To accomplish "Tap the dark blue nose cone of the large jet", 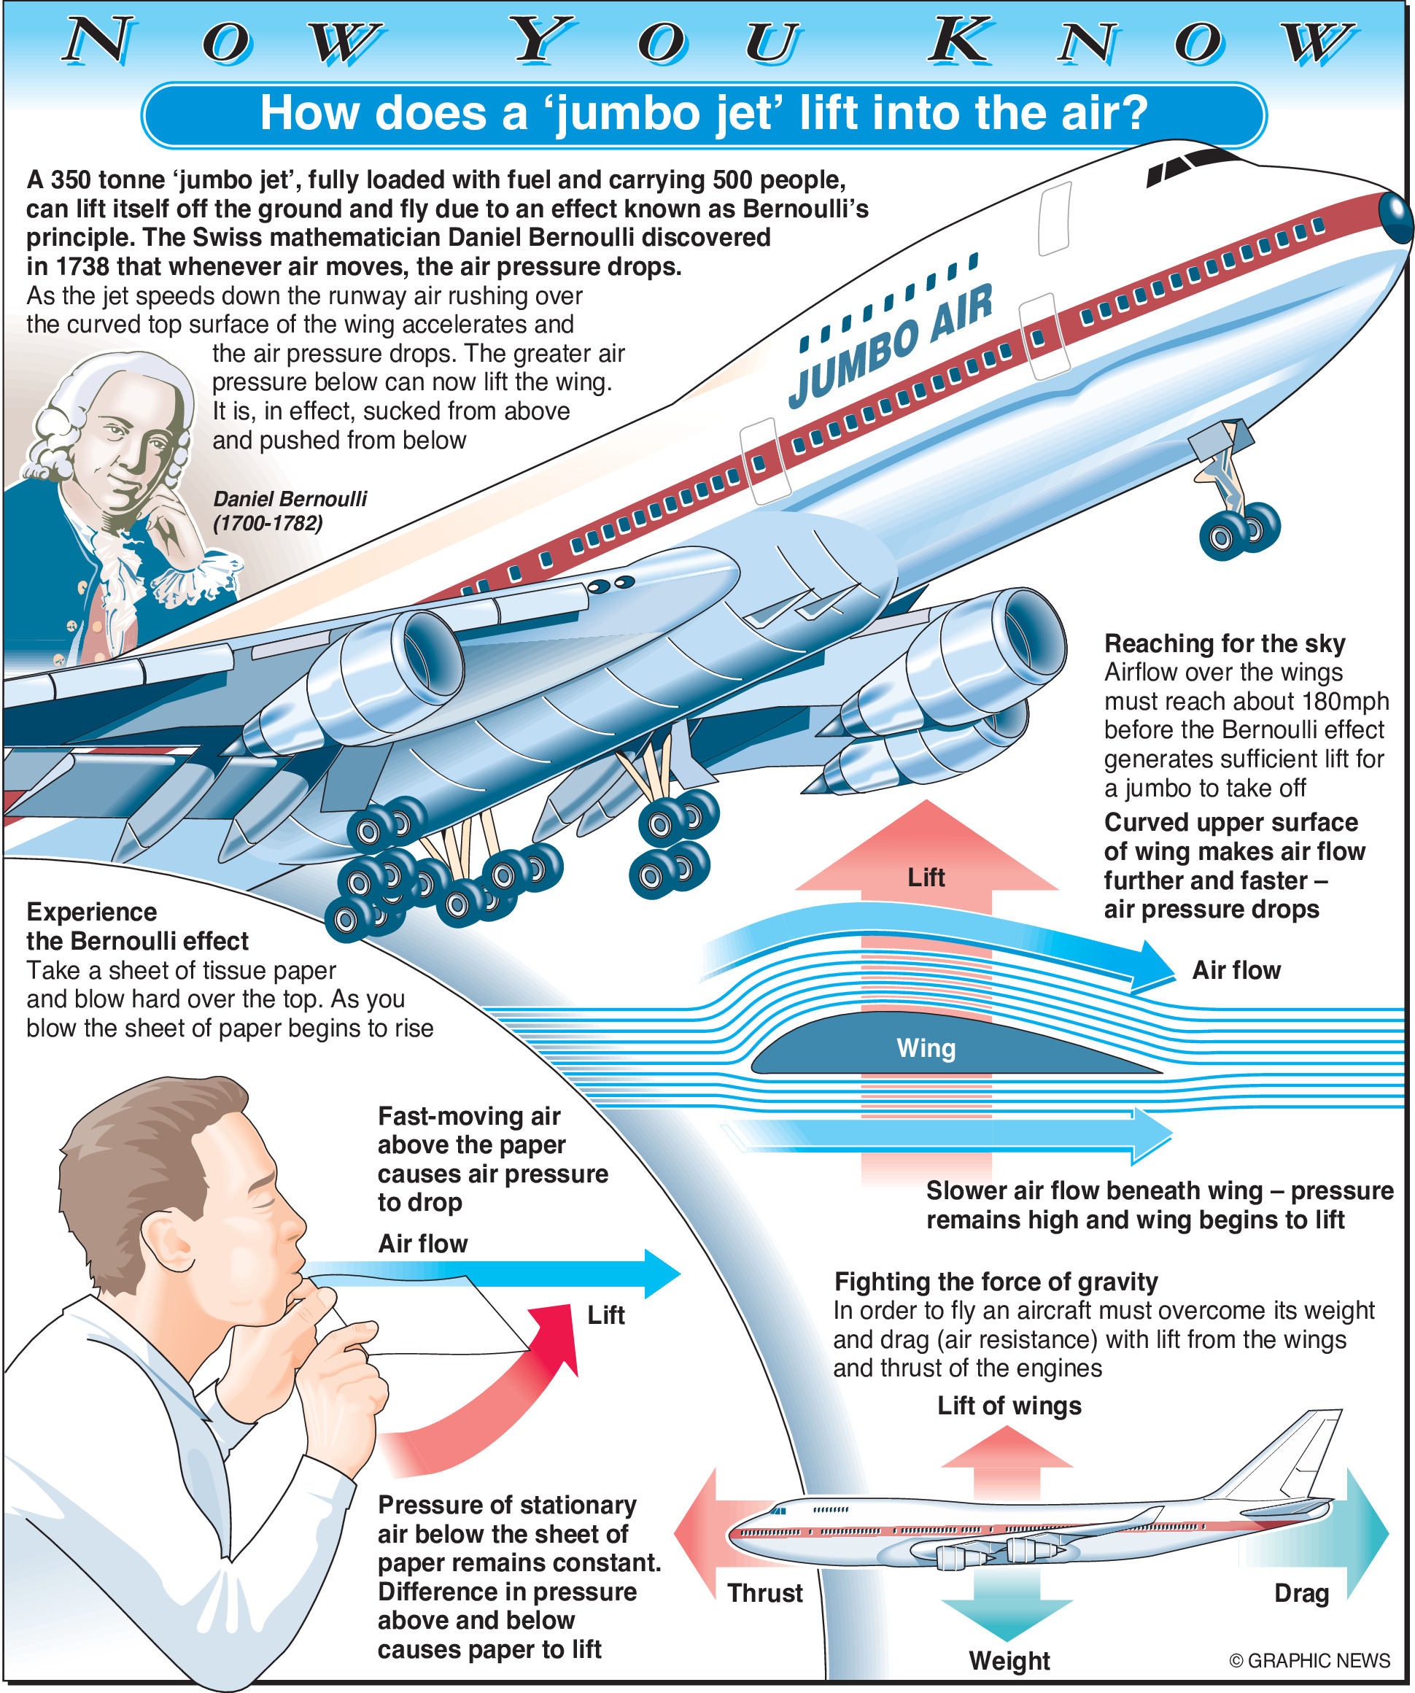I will pos(1395,216).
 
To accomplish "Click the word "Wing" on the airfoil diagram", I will pos(926,1048).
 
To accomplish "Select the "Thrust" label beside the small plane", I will pos(764,1593).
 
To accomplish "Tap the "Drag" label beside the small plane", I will pos(1300,1593).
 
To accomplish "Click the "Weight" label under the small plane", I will pos(1009,1660).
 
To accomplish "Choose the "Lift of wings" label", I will pos(1009,1405).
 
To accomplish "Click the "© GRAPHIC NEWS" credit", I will pos(1309,1660).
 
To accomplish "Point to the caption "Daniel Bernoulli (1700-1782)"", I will pos(289,511).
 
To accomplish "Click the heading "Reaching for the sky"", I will pos(1224,643).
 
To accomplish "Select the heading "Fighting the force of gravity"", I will pos(996,1281).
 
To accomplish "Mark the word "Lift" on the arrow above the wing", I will pos(926,877).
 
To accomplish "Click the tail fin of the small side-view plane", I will pos(1298,1451).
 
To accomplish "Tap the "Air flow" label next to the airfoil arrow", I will pos(1236,970).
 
